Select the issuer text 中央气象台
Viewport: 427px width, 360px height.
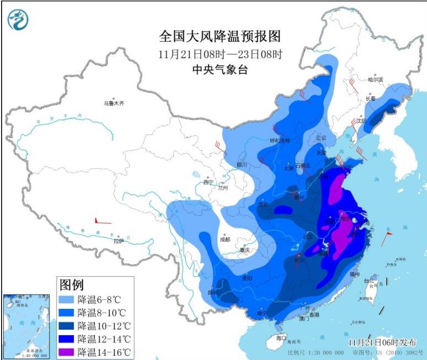[x=220, y=69]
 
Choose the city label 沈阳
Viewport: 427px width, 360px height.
[x=360, y=120]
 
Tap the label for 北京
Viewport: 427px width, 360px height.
[x=321, y=138]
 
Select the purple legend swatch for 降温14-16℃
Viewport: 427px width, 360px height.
[x=67, y=351]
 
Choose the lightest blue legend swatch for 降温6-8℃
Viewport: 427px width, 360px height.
[x=67, y=300]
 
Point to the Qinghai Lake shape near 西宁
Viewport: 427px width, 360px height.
[x=197, y=176]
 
